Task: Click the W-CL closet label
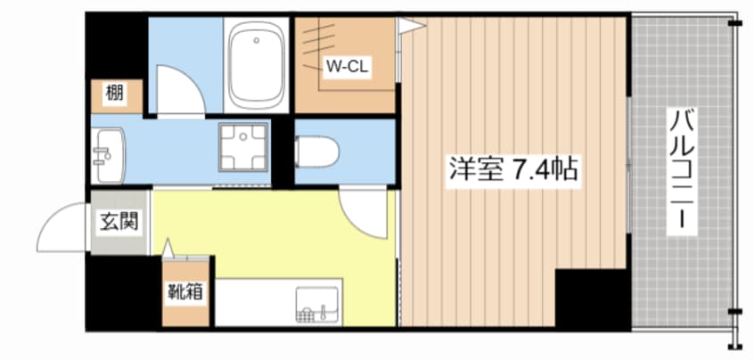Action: pyautogui.click(x=348, y=66)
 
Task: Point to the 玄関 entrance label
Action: pyautogui.click(x=119, y=222)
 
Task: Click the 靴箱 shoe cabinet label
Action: pyautogui.click(x=185, y=291)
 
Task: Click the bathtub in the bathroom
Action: pyautogui.click(x=255, y=64)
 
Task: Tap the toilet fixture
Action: pyautogui.click(x=316, y=151)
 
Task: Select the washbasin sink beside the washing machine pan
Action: pyautogui.click(x=108, y=156)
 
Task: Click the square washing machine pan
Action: pyautogui.click(x=243, y=147)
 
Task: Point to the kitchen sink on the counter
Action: pyautogui.click(x=317, y=306)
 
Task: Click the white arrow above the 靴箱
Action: pyautogui.click(x=168, y=247)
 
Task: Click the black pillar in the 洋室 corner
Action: pyautogui.click(x=593, y=299)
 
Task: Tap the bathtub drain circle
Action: pyautogui.click(x=257, y=40)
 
